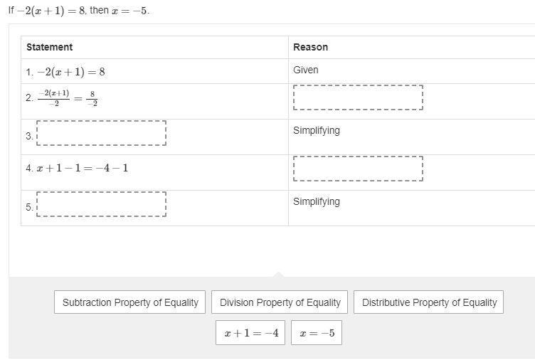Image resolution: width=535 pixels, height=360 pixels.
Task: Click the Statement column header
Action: coord(50,47)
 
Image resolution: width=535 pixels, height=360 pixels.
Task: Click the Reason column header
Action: coord(310,47)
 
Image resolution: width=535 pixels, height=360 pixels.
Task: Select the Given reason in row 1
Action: coord(306,70)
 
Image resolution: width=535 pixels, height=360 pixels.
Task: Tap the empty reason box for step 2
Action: coord(358,97)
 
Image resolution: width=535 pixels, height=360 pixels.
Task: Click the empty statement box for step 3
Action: coord(101,133)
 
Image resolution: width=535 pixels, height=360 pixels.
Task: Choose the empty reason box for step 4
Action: coord(358,169)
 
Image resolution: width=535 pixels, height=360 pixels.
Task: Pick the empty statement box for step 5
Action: coord(101,204)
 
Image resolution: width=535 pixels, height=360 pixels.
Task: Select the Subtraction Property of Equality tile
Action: coord(129,302)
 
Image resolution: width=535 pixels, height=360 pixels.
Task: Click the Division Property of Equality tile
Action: coord(280,302)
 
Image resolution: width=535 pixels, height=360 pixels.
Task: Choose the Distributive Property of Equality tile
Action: coord(428,302)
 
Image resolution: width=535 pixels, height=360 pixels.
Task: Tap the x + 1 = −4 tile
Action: coord(250,333)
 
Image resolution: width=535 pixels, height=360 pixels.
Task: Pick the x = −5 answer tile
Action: coord(317,333)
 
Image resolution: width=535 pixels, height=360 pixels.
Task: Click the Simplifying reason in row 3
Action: coord(317,131)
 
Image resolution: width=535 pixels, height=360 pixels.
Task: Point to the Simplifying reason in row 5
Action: coord(317,201)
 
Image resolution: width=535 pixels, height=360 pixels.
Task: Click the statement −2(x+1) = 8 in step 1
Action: coord(71,72)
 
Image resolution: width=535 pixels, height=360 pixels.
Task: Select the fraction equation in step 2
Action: coord(68,98)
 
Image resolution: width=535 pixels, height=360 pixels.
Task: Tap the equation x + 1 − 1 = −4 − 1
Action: coord(83,168)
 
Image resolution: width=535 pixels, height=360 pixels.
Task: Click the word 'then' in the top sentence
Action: coord(100,10)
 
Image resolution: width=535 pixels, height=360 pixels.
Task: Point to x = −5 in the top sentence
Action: coord(130,11)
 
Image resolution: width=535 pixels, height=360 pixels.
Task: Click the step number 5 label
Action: coord(29,207)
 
